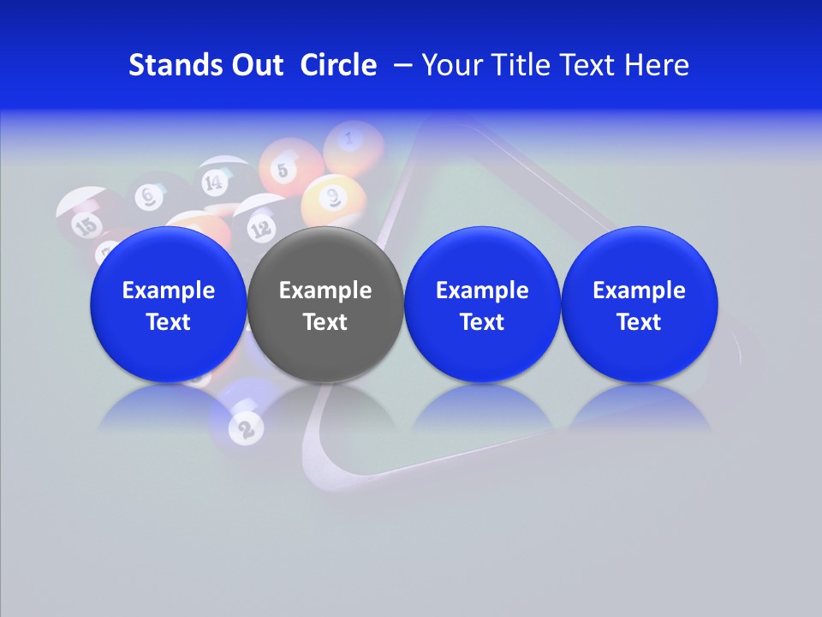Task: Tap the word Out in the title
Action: click(253, 65)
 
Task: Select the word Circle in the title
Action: click(338, 65)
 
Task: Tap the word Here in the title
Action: click(658, 65)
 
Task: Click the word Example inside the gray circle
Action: click(325, 291)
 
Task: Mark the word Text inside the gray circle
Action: click(325, 322)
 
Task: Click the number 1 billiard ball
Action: click(351, 141)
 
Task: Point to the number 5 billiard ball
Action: click(285, 167)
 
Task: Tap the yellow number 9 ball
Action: click(332, 199)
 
